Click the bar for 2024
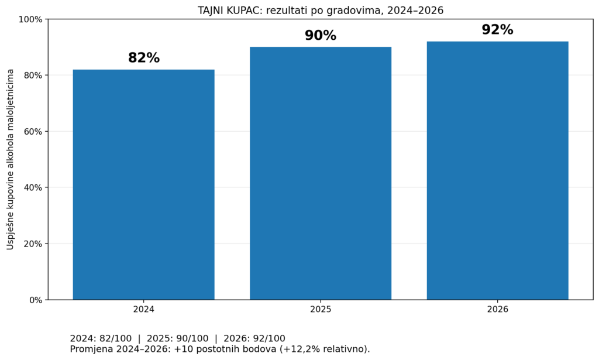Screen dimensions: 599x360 (144, 184)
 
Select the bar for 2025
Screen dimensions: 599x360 (321, 173)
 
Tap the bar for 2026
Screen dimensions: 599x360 (497, 170)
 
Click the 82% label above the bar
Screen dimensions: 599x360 (144, 58)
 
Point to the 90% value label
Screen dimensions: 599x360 (321, 36)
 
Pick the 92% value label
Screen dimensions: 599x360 (497, 30)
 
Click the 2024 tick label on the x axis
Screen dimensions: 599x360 (144, 309)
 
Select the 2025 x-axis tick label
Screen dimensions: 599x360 (321, 309)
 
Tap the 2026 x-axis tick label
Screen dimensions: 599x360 (497, 309)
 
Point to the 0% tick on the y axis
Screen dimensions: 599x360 (36, 300)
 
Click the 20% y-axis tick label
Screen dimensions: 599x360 (33, 244)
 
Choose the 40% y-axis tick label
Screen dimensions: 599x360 (33, 188)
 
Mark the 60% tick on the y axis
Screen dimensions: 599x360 (33, 132)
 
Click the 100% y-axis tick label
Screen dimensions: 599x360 (30, 19)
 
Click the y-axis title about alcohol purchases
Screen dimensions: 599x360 (11, 159)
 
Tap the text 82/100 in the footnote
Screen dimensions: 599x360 (115, 338)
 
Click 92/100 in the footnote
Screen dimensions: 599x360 (269, 338)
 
